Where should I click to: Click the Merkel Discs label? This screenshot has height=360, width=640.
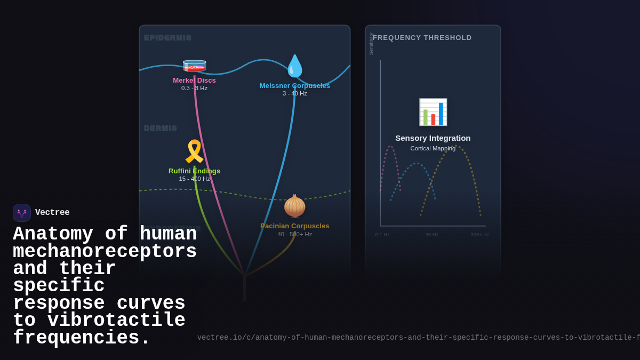[194, 81]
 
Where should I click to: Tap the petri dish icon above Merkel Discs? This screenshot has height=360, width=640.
[194, 66]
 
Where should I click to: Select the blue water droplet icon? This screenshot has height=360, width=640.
[294, 66]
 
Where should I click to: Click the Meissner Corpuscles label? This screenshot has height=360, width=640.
[294, 86]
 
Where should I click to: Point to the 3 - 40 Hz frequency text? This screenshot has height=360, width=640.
[294, 94]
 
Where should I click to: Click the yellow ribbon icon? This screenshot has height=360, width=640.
[194, 151]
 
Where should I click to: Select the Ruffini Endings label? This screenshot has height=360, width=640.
[194, 171]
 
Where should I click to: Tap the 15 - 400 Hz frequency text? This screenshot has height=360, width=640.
[194, 179]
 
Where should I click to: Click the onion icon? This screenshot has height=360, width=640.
[294, 206]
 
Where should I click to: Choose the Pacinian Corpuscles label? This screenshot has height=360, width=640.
[294, 226]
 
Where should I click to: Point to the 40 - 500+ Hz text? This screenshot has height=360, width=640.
[294, 234]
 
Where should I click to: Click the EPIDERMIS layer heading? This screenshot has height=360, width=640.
[167, 38]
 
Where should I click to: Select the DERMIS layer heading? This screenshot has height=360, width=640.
[160, 129]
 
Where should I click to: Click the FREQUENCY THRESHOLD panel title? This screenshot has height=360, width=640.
[422, 38]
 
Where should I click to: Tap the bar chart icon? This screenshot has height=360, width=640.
[433, 112]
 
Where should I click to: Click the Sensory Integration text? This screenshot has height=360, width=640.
[433, 138]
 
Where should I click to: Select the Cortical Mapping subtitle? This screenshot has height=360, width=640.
[433, 148]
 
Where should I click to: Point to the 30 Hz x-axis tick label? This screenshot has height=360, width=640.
[431, 235]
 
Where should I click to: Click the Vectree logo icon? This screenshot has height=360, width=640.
[22, 213]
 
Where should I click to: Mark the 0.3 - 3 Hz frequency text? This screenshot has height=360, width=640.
[194, 89]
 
